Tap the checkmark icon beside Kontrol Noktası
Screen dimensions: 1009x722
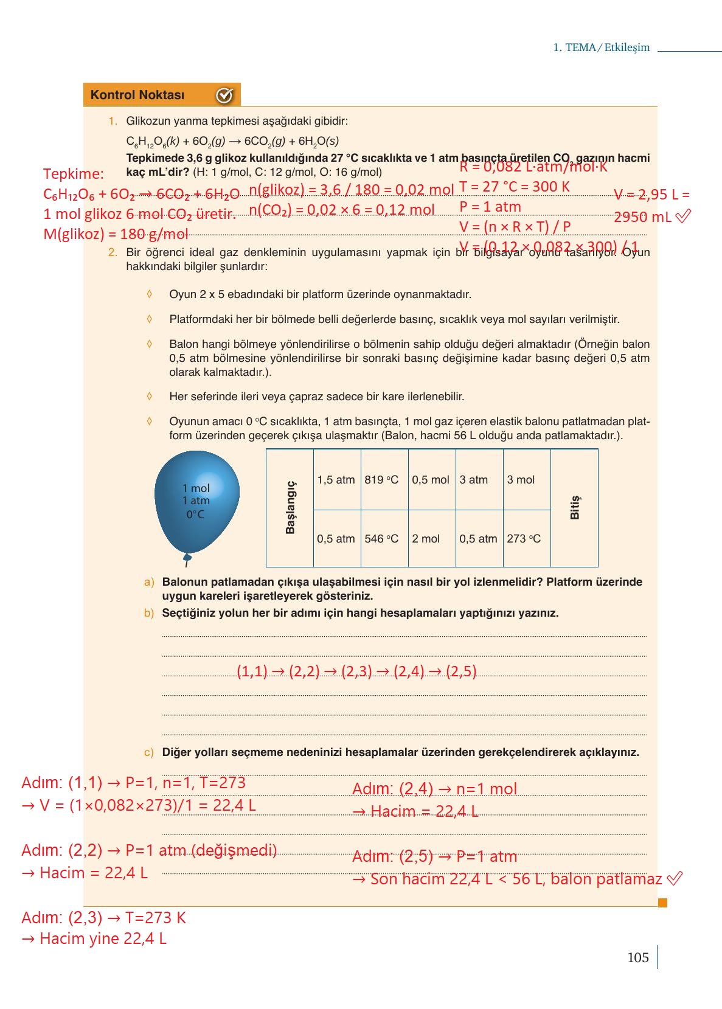[224, 95]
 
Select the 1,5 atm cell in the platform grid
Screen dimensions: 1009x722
[336, 480]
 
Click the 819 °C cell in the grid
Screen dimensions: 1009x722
[384, 480]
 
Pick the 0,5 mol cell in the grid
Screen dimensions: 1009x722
[431, 480]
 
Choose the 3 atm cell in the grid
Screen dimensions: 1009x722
[479, 480]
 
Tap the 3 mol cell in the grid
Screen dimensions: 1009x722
[526, 480]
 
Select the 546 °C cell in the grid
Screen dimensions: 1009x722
[384, 539]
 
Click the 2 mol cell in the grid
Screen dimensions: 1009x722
[431, 539]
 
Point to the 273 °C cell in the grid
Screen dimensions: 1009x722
[526, 539]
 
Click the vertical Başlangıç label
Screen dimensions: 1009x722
[290, 507]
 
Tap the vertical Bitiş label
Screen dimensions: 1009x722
[574, 507]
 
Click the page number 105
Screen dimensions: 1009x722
[637, 958]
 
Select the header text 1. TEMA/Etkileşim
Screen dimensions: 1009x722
[601, 47]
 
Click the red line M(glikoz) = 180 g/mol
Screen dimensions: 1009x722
[116, 234]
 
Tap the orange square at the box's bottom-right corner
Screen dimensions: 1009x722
[662, 903]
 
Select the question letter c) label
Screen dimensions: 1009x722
[149, 753]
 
